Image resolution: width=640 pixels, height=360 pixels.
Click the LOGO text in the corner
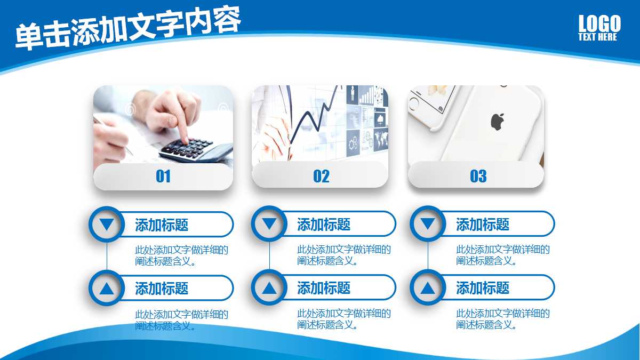point(599,23)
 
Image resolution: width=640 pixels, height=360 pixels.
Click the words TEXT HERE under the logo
point(597,37)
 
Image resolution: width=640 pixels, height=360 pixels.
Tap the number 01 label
point(163,177)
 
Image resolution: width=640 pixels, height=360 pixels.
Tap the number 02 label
point(321,177)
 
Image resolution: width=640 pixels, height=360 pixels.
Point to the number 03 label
point(478,177)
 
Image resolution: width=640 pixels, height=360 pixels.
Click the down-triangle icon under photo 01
point(107,225)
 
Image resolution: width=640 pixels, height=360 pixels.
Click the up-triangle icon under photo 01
point(107,289)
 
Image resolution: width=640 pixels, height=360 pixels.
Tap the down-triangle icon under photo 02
point(269,225)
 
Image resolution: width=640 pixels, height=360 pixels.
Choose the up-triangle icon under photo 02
point(269,289)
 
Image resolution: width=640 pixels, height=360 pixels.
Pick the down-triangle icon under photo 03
point(428,225)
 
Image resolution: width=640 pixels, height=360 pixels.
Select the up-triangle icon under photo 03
point(428,289)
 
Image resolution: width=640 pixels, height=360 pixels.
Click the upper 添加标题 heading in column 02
point(324,225)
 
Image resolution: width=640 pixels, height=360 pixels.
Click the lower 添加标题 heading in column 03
point(483,289)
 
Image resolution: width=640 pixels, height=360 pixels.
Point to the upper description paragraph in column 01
point(181,255)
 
